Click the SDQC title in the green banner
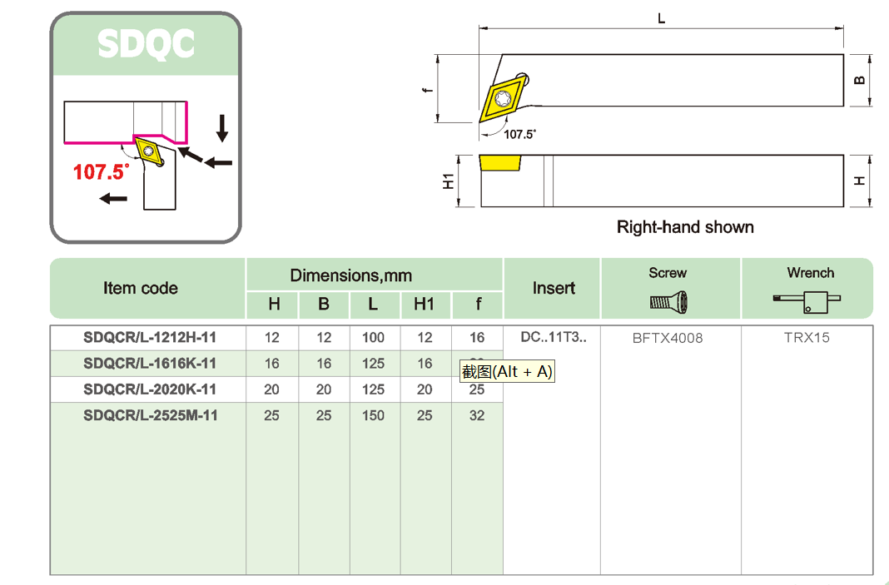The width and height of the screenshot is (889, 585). coord(146,44)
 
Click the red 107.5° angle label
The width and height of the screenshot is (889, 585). coord(102,171)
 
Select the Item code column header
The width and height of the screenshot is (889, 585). coord(141,288)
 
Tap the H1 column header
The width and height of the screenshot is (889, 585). coord(425,305)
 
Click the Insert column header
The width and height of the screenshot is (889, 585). coord(554,288)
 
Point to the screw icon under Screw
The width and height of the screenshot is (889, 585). coord(668,301)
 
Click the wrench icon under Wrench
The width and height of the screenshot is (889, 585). coord(807,301)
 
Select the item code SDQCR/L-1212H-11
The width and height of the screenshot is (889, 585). coord(150,338)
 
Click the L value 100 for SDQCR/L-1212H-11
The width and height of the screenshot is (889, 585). coord(374,338)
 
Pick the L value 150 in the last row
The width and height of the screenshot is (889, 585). coord(374,414)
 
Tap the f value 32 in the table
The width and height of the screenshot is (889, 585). coord(477,414)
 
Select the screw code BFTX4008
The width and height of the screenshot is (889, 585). coord(668,338)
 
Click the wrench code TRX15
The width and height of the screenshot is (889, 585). coord(807,338)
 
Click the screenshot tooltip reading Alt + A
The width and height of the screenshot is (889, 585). coord(507,372)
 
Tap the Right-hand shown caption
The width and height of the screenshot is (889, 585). coord(685,227)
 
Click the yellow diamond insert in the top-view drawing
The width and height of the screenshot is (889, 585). coord(504,97)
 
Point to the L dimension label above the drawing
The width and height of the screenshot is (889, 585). coord(662,18)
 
